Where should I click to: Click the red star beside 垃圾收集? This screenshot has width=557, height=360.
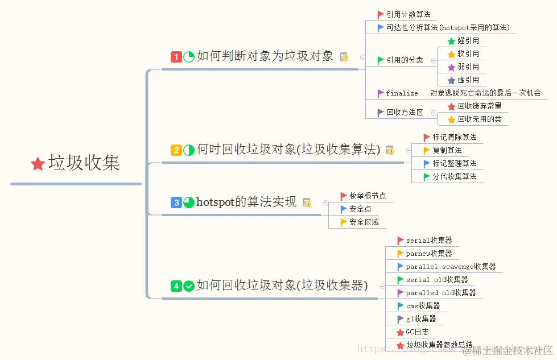coord(38,164)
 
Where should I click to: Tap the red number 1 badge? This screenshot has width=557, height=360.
coord(176,57)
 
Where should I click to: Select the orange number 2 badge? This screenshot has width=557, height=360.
coord(176,150)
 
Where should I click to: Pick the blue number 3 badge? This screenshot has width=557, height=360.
coord(176,202)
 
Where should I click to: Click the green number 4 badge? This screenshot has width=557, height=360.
coord(176,286)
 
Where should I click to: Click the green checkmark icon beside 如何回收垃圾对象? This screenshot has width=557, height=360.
coord(189,286)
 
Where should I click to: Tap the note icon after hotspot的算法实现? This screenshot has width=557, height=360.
coord(307,202)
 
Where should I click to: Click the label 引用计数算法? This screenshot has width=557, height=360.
coord(408,15)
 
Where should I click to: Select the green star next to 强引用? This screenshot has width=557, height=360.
coord(452,41)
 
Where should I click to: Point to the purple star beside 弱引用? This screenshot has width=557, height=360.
coord(452,67)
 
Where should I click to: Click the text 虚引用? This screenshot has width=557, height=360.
coord(468,80)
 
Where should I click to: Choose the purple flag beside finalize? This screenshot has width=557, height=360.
coord(381,93)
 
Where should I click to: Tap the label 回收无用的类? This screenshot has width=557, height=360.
coord(480,119)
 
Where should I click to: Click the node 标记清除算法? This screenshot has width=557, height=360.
coord(455,138)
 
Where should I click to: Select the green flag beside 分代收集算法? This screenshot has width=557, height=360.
coord(427,177)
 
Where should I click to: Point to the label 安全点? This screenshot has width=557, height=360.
coord(360,209)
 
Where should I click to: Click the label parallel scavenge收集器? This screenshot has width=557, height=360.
coord(451,267)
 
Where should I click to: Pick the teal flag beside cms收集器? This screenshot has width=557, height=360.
coord(401,306)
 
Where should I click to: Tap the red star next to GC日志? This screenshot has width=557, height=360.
coord(401,332)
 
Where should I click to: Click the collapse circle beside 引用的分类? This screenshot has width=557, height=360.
coord(434,60)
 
